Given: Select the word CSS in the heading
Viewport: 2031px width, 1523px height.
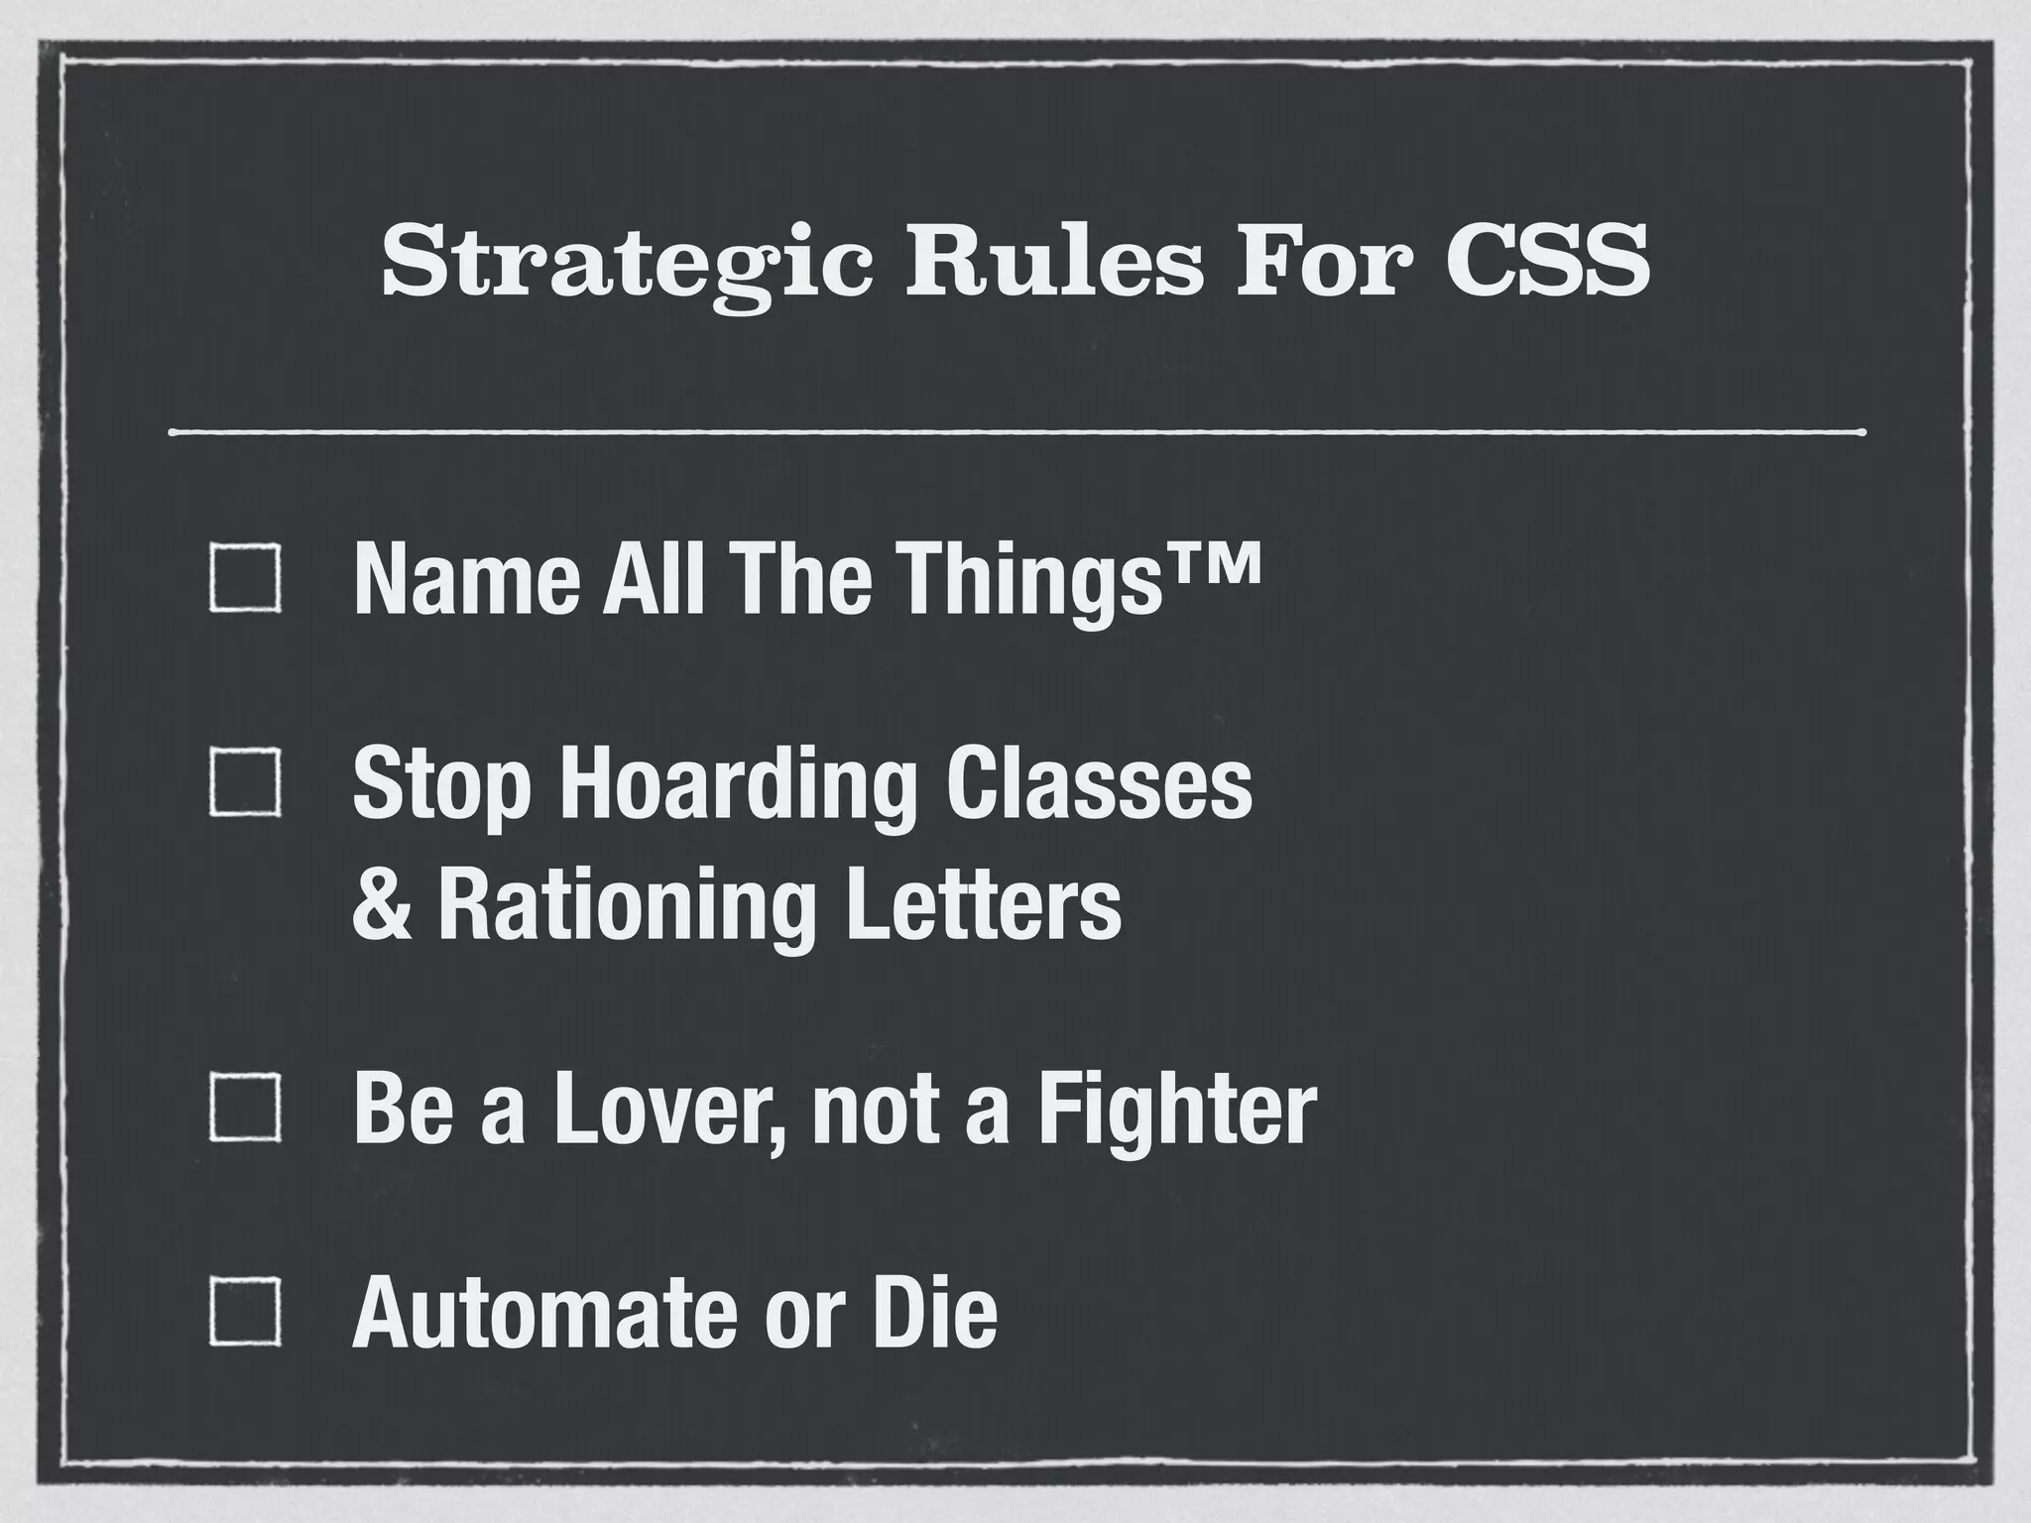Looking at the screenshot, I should (x=1547, y=263).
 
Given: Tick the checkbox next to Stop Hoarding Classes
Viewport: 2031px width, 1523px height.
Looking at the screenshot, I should (x=244, y=784).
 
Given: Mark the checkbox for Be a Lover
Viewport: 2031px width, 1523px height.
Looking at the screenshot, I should (x=244, y=1108).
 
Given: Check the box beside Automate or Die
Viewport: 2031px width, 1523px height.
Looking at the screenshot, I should (x=244, y=1312).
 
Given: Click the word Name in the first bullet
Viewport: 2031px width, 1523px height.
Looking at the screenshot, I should (x=466, y=580).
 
